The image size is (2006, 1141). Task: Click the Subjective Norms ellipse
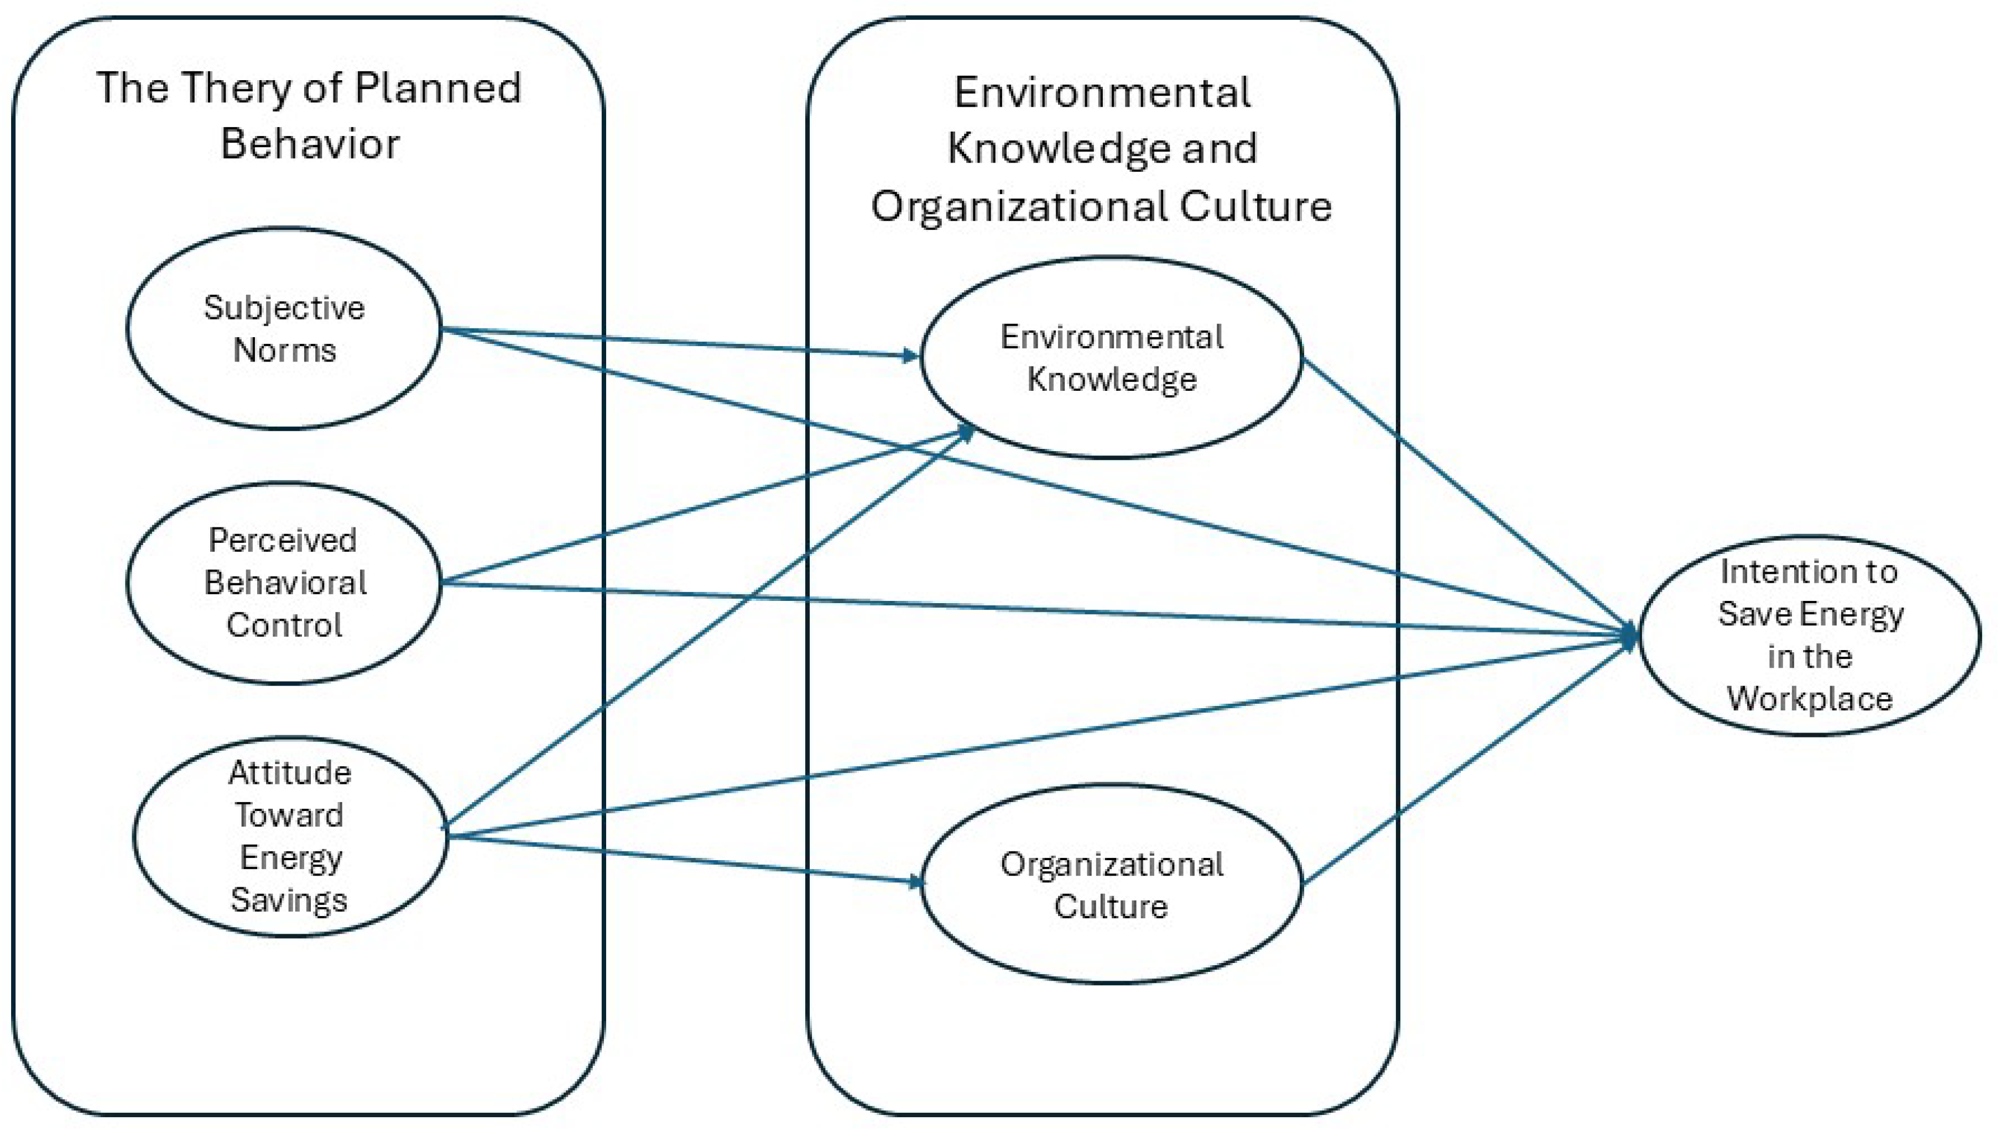point(284,329)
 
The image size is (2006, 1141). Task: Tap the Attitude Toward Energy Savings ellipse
point(289,836)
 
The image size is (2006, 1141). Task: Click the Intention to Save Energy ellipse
point(1809,635)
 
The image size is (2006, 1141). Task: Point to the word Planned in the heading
point(437,88)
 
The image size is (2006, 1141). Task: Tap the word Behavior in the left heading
point(310,143)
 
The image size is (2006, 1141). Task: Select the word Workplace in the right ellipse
point(1809,698)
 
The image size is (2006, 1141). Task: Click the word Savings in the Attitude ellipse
point(289,899)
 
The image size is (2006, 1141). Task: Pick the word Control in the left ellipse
point(284,625)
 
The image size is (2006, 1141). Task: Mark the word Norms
point(284,350)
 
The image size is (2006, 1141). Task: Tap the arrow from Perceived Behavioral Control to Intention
point(1019,608)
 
